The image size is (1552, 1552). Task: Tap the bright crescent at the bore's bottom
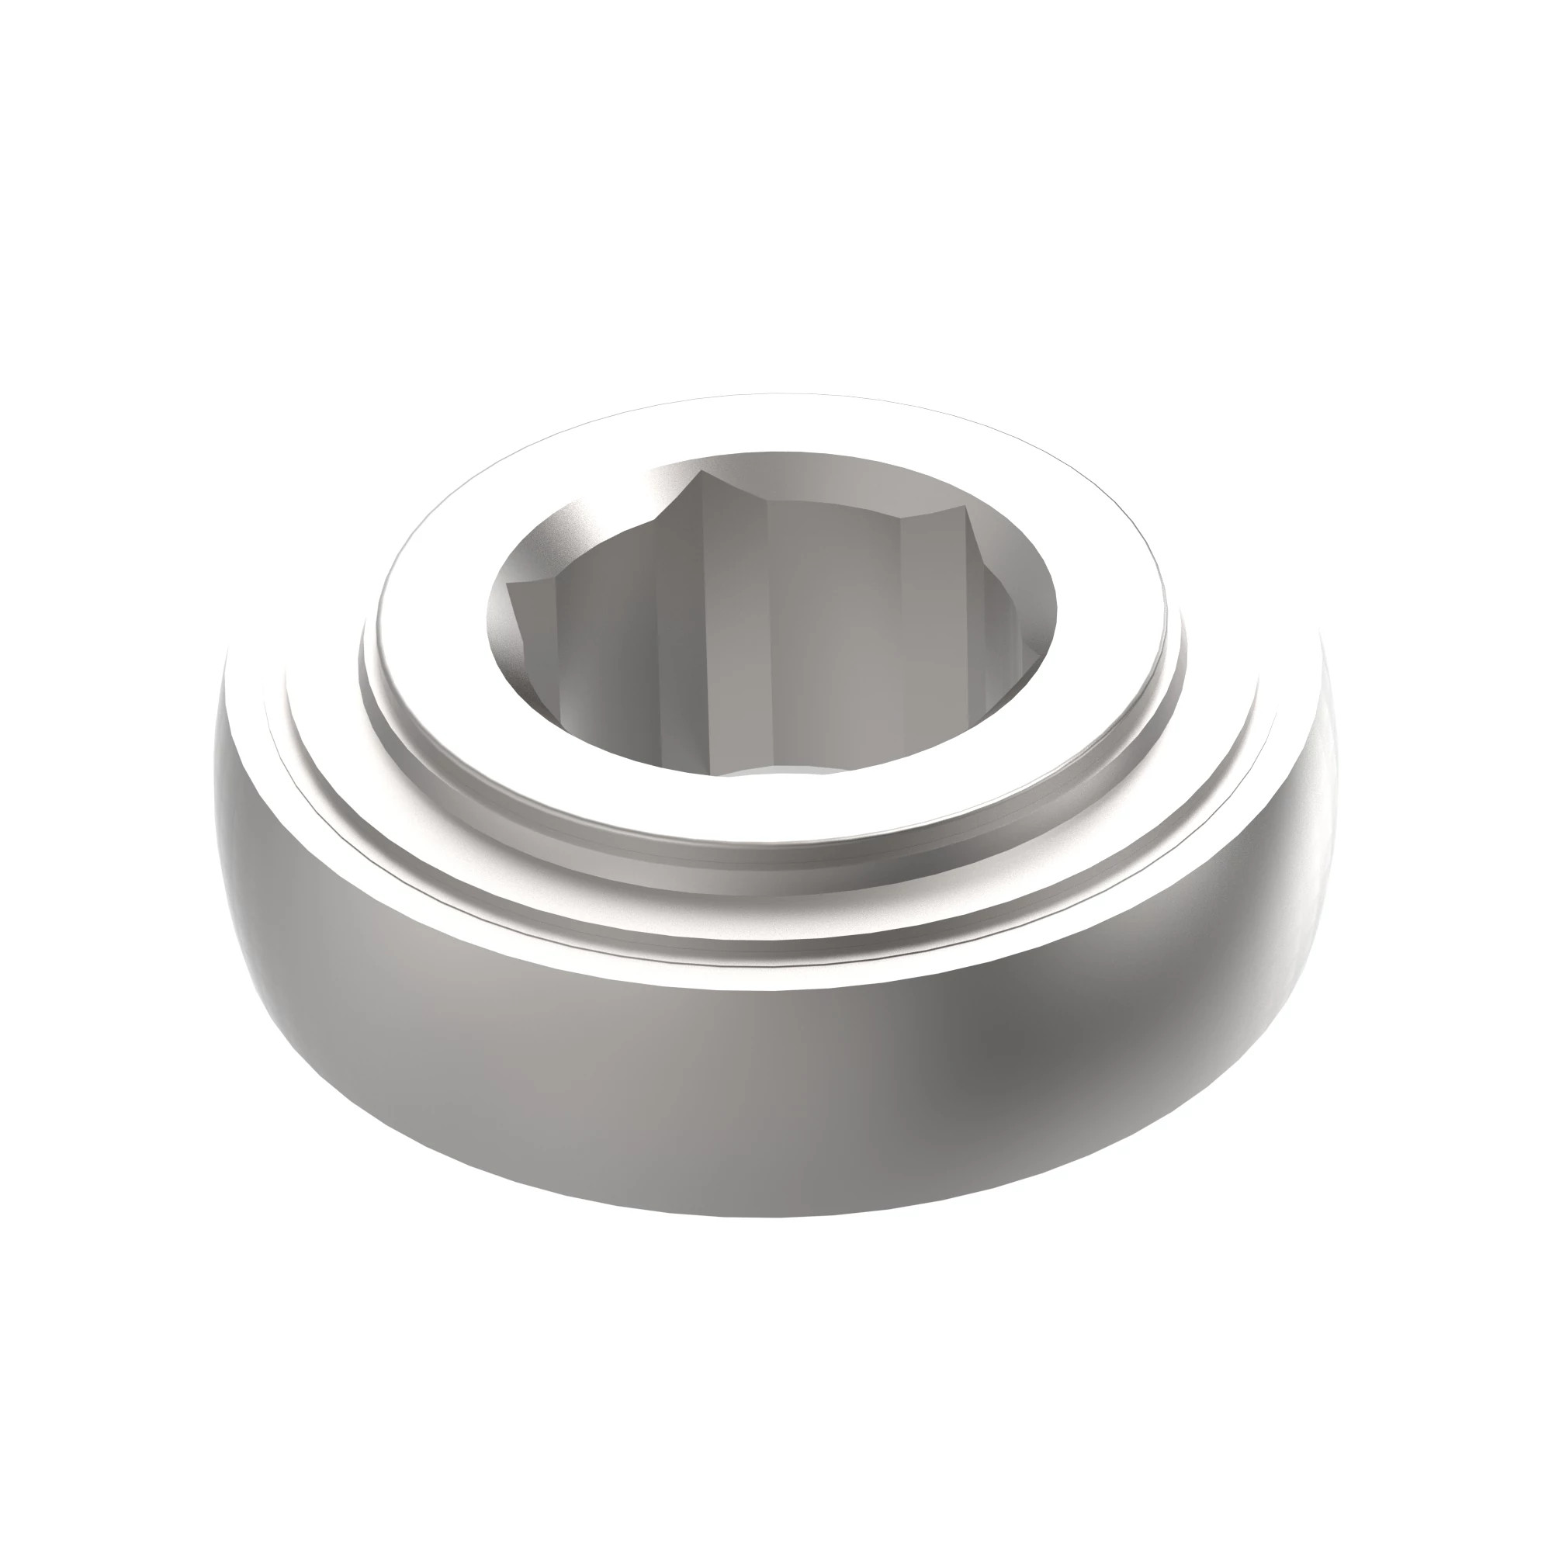coord(783,772)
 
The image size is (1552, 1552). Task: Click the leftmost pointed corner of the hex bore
coord(509,587)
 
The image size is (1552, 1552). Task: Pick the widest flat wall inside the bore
coord(836,635)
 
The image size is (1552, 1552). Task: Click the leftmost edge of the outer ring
coord(215,771)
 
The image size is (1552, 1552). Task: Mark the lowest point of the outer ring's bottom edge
coord(771,1237)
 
